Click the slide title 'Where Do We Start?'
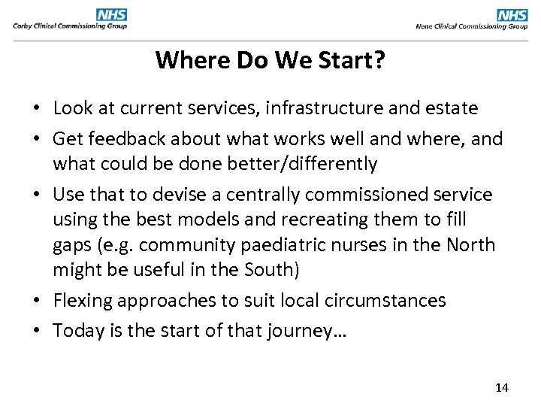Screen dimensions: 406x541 coord(270,59)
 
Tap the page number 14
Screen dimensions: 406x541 coord(502,388)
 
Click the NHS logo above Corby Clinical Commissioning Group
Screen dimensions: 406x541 coord(111,14)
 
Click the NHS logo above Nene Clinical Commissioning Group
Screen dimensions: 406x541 coord(512,14)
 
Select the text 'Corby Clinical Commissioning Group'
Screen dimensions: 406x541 coord(70,26)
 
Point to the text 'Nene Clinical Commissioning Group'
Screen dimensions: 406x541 coord(472,26)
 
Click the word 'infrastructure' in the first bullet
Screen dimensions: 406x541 coord(304,108)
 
